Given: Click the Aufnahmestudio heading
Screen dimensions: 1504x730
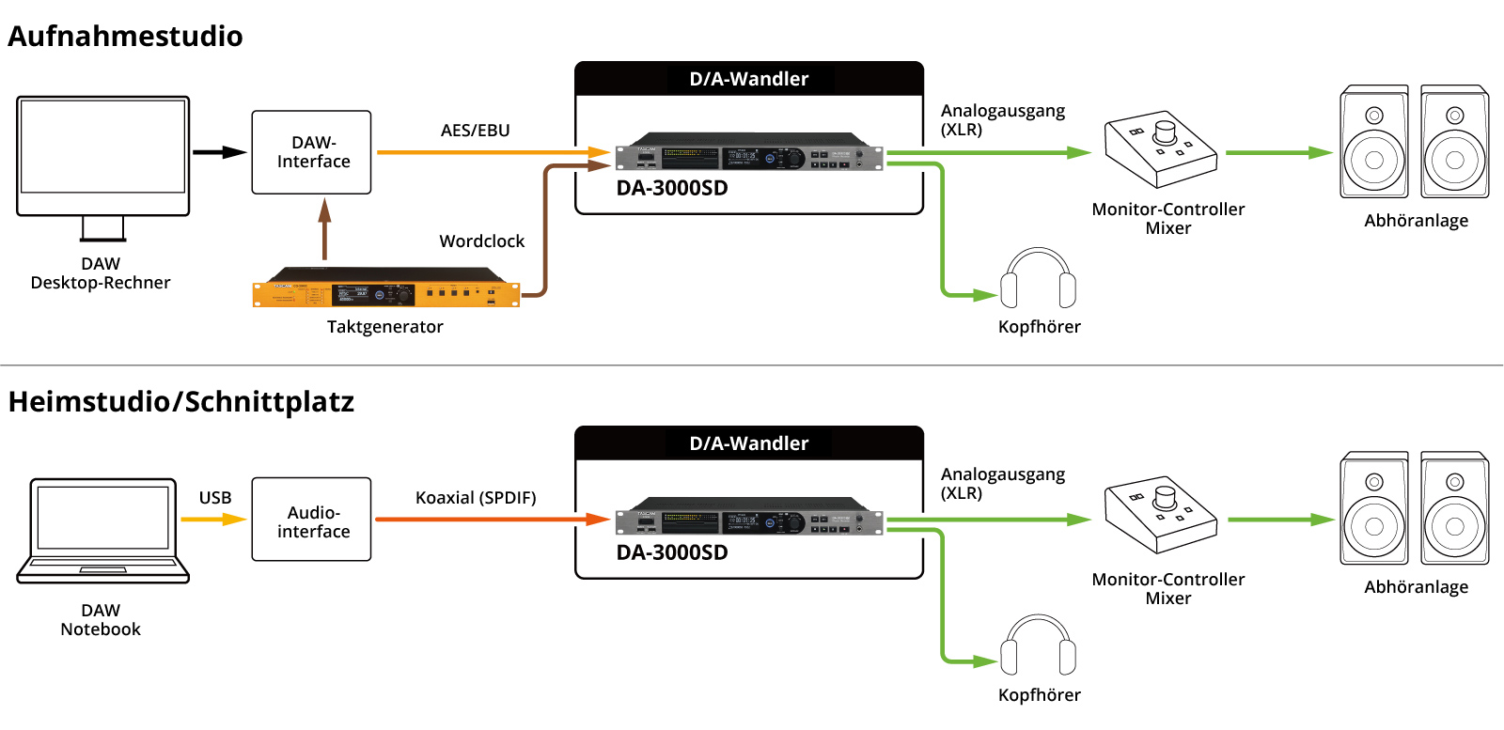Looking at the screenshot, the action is point(125,37).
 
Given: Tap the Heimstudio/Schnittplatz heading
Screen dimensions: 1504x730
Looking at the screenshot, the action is point(181,402).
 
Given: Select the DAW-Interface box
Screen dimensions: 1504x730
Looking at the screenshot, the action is point(311,152).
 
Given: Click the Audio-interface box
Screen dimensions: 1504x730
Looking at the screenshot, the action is point(311,520).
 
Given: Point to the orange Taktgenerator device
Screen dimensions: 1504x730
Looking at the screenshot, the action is point(386,287).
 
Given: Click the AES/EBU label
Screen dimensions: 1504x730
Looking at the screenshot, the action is point(476,131).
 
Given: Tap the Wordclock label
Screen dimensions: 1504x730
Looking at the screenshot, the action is point(482,241).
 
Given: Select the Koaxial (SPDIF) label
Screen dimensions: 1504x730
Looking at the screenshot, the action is point(476,498).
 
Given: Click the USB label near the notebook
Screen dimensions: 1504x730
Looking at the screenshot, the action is point(215,498).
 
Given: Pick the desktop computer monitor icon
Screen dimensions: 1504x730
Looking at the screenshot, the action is point(102,168).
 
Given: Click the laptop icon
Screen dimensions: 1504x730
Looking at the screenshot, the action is point(102,531).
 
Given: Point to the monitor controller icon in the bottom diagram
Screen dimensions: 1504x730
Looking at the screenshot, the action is point(1161,515).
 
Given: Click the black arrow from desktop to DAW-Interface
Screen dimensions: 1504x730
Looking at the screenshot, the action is point(220,152).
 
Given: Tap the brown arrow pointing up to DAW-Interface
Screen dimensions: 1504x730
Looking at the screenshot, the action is point(325,229).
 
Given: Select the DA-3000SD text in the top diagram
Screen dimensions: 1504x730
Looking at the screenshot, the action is point(672,188).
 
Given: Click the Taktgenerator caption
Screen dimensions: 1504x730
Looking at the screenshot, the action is point(385,327).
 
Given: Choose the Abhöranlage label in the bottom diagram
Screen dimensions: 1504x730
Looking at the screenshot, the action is point(1416,587).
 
